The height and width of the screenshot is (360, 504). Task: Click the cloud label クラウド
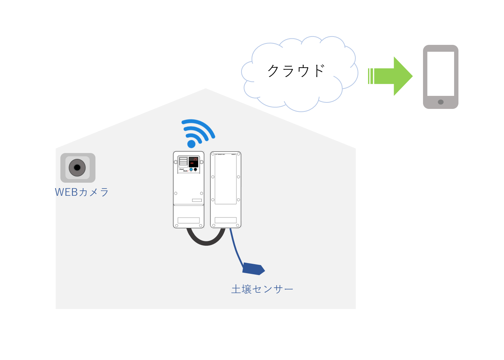296,71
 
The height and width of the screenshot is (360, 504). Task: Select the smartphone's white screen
440,73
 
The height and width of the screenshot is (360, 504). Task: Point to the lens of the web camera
77,168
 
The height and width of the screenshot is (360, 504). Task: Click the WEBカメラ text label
82,192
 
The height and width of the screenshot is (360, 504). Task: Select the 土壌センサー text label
262,289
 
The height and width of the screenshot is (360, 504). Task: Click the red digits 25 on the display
195,159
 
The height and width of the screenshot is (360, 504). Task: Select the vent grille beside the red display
183,161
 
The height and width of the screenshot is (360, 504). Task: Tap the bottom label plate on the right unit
226,220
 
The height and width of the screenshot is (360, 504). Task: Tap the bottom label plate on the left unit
189,220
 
